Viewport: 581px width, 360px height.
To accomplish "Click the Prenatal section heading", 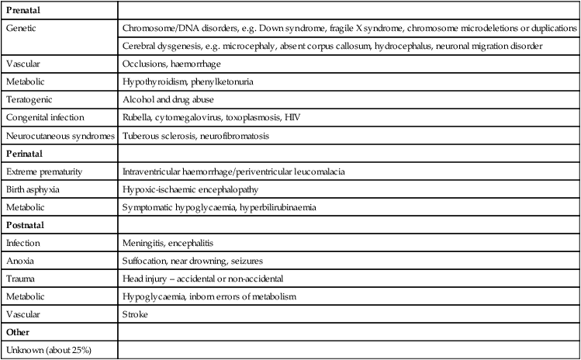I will pyautogui.click(x=23, y=10).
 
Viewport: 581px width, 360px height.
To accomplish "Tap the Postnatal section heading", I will pyautogui.click(x=26, y=226).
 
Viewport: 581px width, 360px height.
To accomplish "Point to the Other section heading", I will pyautogui.click(x=18, y=334).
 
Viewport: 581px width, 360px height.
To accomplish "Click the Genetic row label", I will pyautogui.click(x=22, y=28).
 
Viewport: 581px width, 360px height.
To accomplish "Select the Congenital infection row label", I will pyautogui.click(x=45, y=118).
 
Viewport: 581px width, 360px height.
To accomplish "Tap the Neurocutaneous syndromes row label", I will pyautogui.click(x=61, y=136).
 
